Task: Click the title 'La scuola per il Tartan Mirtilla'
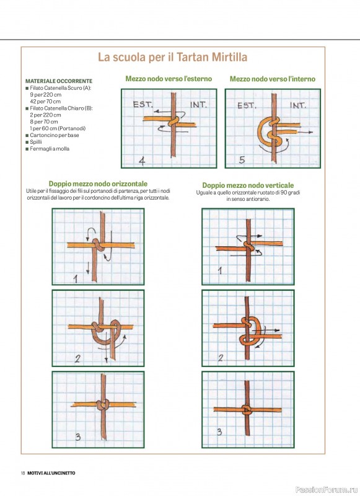tap(173, 57)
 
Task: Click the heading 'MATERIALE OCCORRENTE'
tap(59, 81)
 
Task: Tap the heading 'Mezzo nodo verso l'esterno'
tap(169, 79)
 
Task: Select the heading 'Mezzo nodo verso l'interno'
tap(273, 79)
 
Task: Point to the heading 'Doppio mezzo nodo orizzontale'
tap(98, 184)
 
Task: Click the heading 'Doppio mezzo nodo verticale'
tap(248, 185)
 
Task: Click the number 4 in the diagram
tap(142, 161)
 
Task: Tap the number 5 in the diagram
tap(242, 160)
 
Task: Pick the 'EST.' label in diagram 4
tap(143, 104)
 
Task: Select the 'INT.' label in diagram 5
tap(298, 105)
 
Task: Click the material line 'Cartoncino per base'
tap(55, 135)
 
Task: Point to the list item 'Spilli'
tap(36, 142)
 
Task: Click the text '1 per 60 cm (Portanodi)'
tap(58, 128)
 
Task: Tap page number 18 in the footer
tap(23, 473)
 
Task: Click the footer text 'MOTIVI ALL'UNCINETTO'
tap(51, 473)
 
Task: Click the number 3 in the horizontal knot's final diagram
tap(77, 437)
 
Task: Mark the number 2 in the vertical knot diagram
tap(221, 358)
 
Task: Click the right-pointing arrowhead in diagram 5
tap(311, 132)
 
